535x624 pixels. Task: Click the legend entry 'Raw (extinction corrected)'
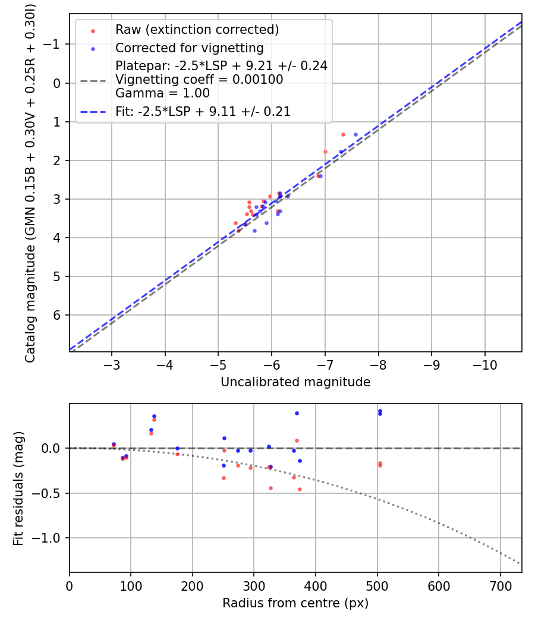[197, 30]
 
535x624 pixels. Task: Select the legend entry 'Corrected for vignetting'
[189, 48]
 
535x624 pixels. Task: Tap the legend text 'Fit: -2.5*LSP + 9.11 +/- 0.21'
[203, 111]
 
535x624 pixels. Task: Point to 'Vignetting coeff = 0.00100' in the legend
[199, 80]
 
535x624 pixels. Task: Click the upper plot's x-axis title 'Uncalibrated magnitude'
[295, 382]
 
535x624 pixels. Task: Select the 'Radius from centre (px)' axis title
[295, 603]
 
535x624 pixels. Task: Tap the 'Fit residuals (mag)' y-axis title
[18, 488]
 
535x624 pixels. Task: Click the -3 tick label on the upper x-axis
[112, 364]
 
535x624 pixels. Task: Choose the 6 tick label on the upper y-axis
[57, 315]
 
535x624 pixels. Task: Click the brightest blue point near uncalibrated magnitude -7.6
[355, 135]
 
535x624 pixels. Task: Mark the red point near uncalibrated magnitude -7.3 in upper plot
[343, 135]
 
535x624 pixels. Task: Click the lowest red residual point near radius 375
[300, 490]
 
